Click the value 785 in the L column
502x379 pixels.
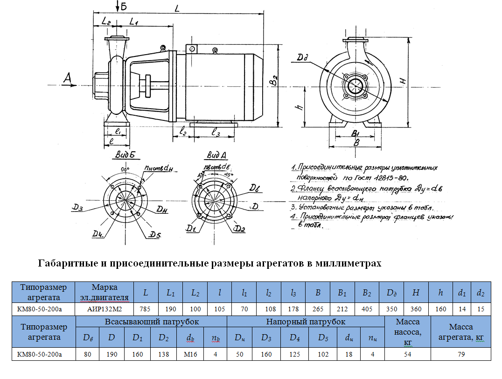click(x=146, y=309)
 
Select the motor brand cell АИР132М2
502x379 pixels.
click(x=105, y=309)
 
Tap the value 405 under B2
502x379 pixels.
click(x=367, y=309)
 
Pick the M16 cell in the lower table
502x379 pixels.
click(x=190, y=355)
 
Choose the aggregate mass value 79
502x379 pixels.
click(x=460, y=355)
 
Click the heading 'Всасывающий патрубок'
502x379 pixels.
click(x=152, y=322)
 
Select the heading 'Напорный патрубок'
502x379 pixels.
click(x=306, y=322)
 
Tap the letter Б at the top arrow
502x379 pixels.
click(x=124, y=6)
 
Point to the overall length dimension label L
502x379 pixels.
click(x=177, y=8)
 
